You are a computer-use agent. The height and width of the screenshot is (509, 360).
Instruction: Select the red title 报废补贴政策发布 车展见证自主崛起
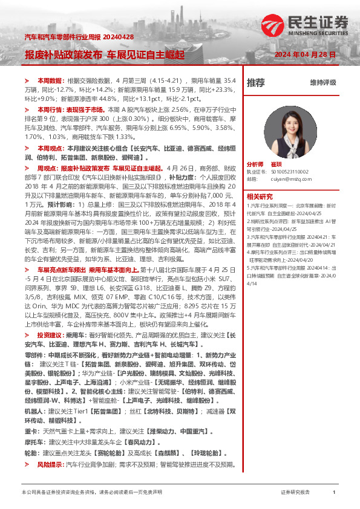(x=105, y=54)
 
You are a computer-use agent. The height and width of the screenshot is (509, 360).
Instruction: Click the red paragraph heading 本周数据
(x=50, y=80)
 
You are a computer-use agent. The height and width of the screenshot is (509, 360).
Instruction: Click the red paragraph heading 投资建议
(x=50, y=334)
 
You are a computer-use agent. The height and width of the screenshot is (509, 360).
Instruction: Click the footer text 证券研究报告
(x=295, y=493)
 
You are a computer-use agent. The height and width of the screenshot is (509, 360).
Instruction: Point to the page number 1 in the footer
(x=334, y=493)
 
